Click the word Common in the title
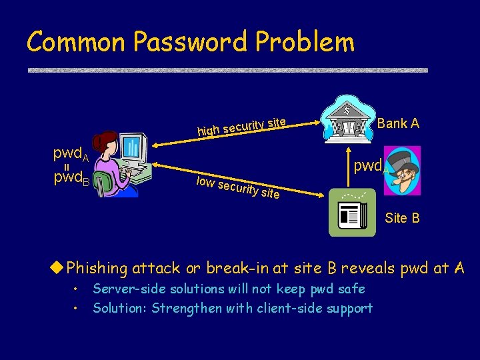coord(76,42)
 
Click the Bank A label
coord(398,123)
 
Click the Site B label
coord(402,218)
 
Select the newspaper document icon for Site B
coord(348,215)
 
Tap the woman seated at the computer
coord(108,165)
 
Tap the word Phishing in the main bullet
coord(97,268)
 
